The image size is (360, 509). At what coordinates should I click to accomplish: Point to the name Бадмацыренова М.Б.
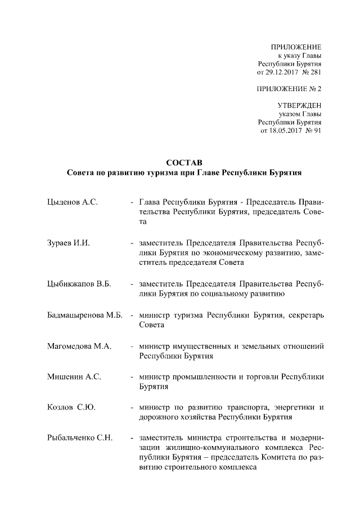click(84, 315)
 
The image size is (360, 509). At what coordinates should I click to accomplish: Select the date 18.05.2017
click(283, 130)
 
